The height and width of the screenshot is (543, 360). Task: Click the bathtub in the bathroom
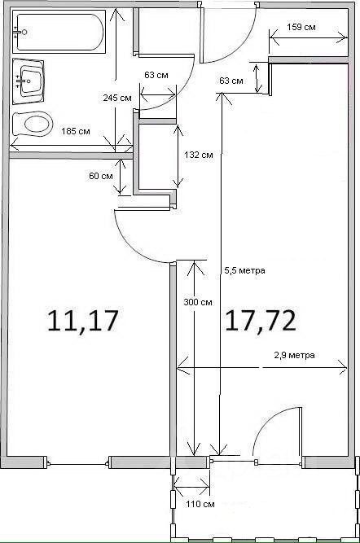click(59, 32)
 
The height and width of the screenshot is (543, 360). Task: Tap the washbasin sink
click(29, 81)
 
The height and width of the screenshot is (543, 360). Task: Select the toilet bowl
click(33, 124)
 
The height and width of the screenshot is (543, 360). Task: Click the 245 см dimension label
click(117, 98)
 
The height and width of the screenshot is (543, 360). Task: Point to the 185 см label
click(76, 132)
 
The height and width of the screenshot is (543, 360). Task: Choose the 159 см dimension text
click(301, 27)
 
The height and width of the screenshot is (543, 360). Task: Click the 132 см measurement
click(199, 155)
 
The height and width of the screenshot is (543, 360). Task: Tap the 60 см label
click(101, 176)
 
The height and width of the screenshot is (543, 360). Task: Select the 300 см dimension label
click(198, 302)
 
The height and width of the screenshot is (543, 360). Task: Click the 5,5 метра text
click(245, 270)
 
